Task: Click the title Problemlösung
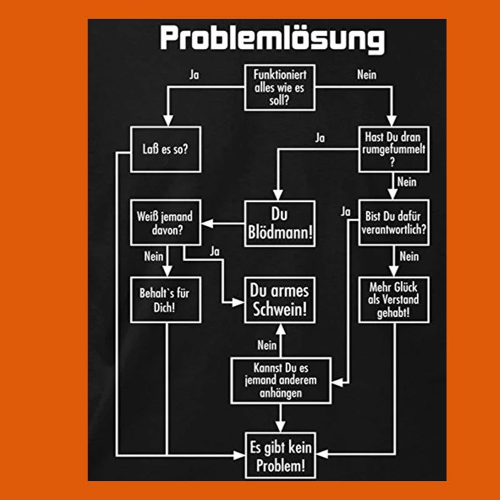pos(272,39)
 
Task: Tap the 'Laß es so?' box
pos(166,149)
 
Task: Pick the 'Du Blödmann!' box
pos(279,223)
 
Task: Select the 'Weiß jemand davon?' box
pos(166,223)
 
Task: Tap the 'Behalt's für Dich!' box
pos(166,300)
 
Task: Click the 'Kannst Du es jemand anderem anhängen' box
pos(279,381)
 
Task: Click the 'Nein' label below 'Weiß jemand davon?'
pos(153,256)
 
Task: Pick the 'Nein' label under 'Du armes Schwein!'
pos(267,344)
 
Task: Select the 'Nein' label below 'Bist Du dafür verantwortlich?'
pos(409,256)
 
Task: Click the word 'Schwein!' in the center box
pos(279,309)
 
